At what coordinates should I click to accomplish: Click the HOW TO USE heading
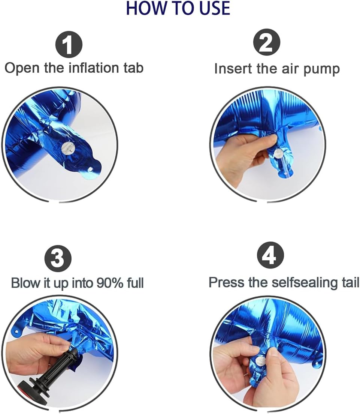tap(178, 8)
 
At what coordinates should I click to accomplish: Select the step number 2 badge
tap(266, 42)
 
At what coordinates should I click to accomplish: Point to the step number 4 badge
tap(270, 255)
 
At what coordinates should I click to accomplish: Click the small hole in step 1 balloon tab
tap(90, 169)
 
